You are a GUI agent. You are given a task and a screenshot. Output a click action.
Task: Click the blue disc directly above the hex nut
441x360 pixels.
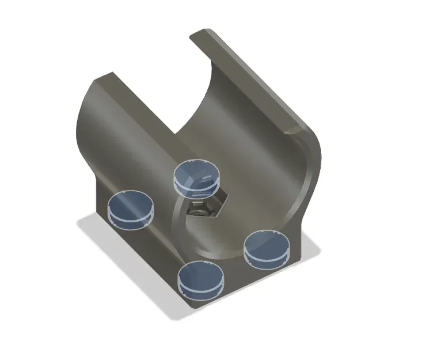pos(197,176)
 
